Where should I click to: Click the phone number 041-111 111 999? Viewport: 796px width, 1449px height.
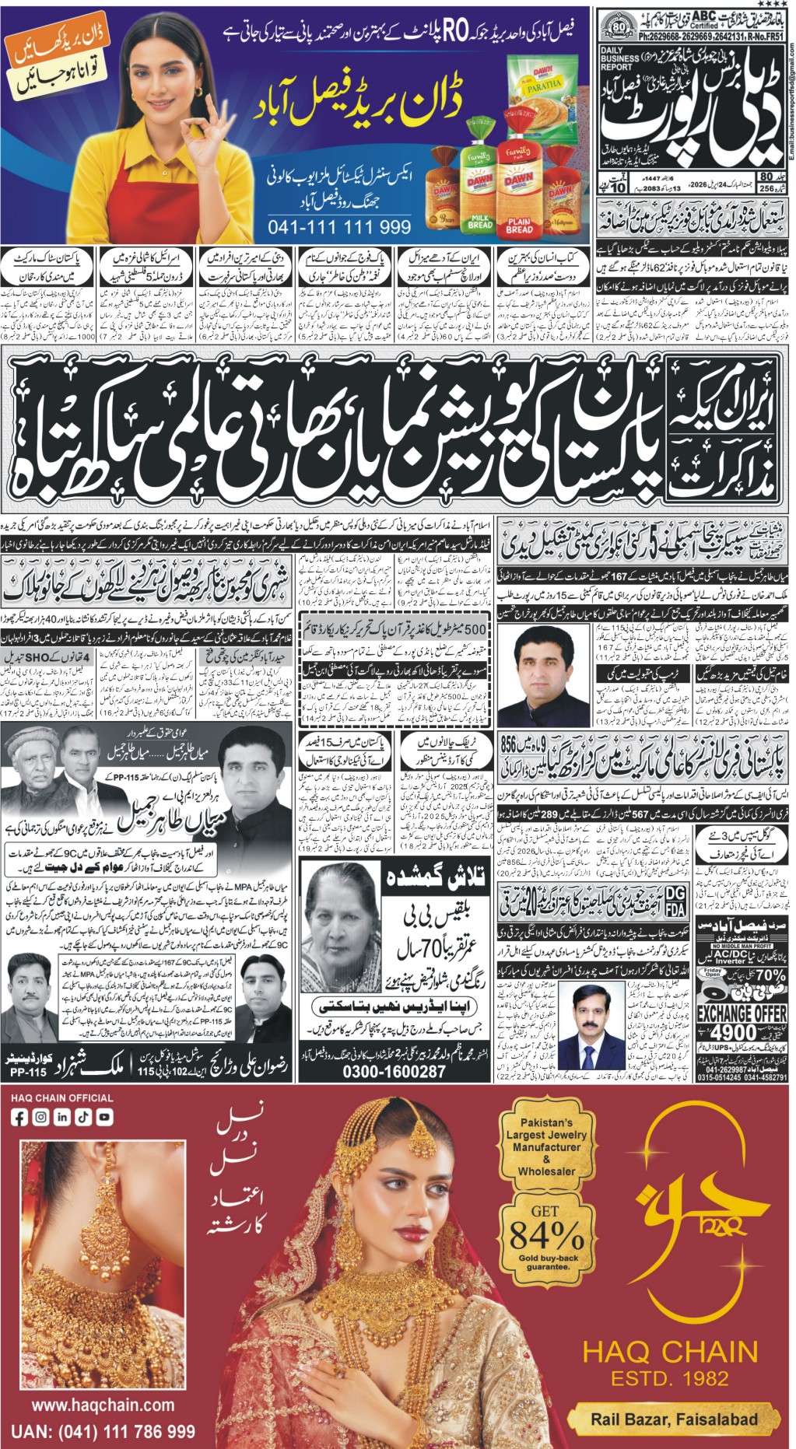click(339, 228)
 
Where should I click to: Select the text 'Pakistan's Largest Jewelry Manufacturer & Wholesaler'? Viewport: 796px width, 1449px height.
click(546, 1146)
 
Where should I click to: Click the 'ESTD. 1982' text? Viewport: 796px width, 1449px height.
click(670, 1378)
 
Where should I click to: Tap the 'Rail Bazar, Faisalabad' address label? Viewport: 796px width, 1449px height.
click(674, 1419)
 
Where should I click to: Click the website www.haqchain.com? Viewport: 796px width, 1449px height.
click(103, 1405)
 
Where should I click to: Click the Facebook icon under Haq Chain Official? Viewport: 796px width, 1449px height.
click(20, 1117)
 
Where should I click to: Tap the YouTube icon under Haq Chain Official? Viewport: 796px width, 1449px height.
click(104, 1117)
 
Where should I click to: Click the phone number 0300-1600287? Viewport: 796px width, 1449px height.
click(394, 1071)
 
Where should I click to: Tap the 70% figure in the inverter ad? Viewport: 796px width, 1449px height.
click(770, 974)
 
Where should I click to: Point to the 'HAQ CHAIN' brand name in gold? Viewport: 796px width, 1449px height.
click(670, 1351)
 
